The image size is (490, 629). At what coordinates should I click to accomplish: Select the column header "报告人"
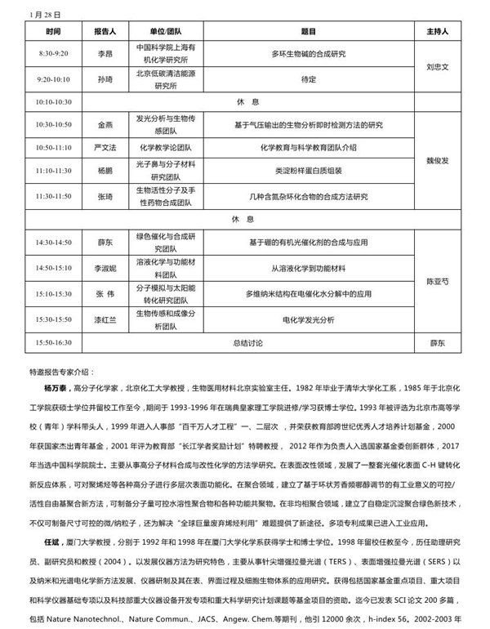105,32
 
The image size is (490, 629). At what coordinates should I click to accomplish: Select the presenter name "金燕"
105,125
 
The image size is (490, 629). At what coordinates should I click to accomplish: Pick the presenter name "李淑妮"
105,267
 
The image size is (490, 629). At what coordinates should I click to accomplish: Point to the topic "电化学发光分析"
309,319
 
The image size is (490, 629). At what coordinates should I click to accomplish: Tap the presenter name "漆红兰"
105,319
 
